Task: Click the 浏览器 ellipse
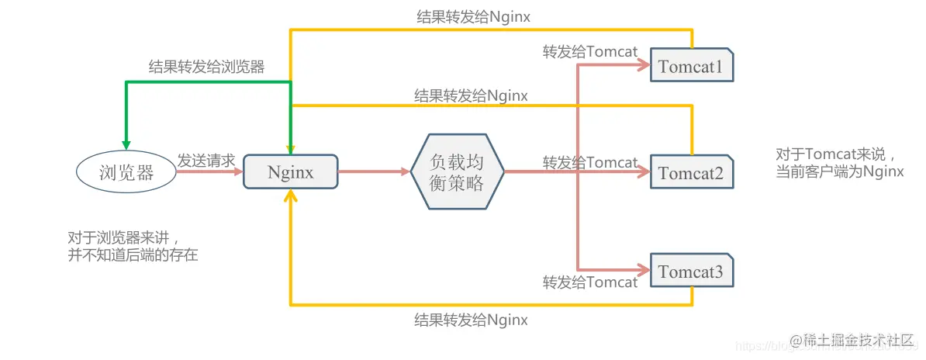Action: [126, 172]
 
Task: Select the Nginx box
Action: [291, 172]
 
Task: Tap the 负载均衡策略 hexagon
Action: [457, 171]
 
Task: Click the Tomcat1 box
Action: [690, 67]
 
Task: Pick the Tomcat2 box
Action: [690, 172]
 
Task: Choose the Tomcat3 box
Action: [690, 272]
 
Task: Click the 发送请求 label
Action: [206, 161]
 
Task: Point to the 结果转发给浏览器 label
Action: [206, 67]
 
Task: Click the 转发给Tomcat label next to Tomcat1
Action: [590, 52]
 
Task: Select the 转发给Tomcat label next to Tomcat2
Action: [590, 162]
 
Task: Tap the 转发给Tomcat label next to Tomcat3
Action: [590, 282]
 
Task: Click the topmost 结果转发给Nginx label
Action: [472, 16]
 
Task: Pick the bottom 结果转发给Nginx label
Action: [472, 319]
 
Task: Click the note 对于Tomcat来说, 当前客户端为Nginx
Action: [840, 162]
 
